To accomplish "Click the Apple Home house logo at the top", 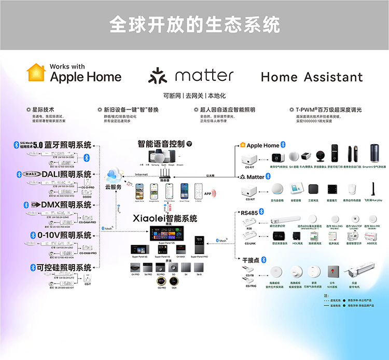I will [x=36, y=73].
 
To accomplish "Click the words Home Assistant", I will [x=312, y=77].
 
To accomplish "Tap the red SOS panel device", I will [x=331, y=271].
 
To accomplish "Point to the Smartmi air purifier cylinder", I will [x=374, y=154].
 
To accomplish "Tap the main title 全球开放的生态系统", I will [x=195, y=24].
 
